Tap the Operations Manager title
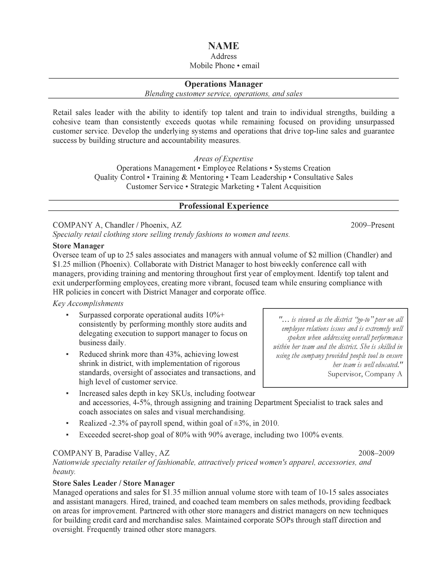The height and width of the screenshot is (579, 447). tap(223, 84)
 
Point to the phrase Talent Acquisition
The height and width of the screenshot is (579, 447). tap(291, 187)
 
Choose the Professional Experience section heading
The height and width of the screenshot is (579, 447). tap(223, 206)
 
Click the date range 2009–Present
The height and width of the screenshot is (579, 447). tap(372, 225)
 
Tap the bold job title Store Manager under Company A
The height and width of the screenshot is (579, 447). tap(78, 246)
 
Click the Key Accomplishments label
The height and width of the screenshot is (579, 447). tap(88, 303)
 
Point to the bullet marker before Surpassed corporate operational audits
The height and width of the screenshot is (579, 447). tap(67, 315)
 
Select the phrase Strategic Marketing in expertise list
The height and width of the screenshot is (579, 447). tap(222, 187)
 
